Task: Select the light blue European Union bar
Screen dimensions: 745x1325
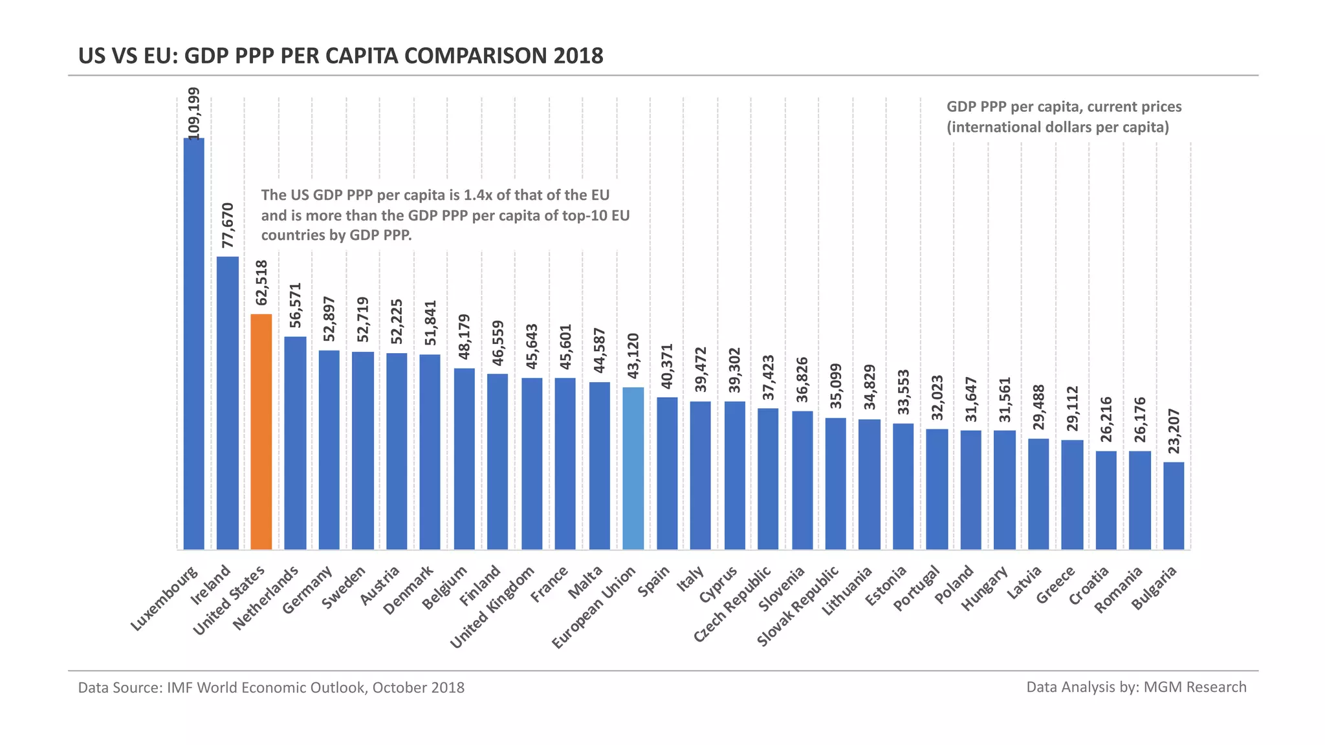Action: coord(633,468)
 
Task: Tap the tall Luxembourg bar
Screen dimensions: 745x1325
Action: coord(193,343)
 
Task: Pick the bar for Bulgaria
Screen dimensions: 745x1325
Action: coord(1174,506)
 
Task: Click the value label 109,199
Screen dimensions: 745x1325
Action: coord(193,113)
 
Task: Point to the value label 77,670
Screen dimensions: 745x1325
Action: coord(228,225)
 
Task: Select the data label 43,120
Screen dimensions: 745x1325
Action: coord(633,356)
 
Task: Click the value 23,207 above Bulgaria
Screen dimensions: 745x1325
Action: coord(1174,431)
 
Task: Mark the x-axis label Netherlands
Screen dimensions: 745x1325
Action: coord(266,598)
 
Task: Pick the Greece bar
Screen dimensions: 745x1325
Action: coord(1072,495)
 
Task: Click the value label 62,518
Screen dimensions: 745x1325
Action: coord(261,283)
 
